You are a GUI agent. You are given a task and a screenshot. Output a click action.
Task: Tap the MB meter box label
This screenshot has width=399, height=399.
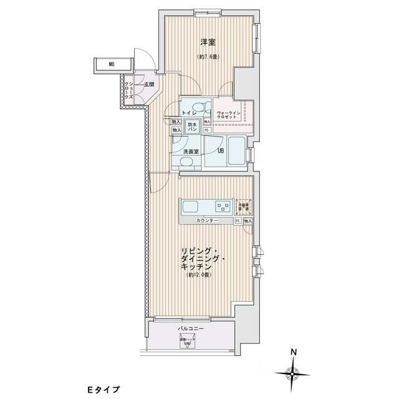(x=112, y=64)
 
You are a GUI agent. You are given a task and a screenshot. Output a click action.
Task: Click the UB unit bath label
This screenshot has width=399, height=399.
(x=220, y=150)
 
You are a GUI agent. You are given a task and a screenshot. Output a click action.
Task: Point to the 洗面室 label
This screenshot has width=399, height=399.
(x=190, y=151)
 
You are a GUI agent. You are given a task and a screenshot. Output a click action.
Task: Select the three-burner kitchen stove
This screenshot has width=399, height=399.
(x=221, y=205)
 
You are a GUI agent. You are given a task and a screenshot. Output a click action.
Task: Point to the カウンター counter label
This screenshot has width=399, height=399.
(x=206, y=221)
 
